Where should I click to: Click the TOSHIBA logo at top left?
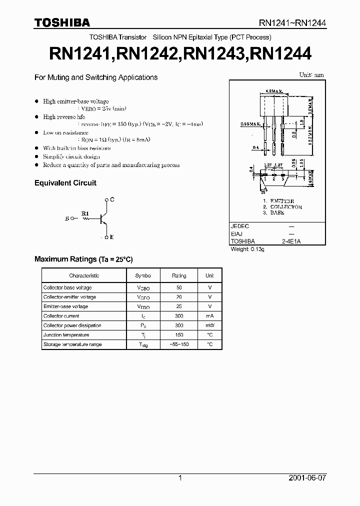pyautogui.click(x=62, y=22)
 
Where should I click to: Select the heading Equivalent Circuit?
pyautogui.click(x=65, y=183)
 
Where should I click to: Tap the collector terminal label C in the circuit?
pyautogui.click(x=112, y=199)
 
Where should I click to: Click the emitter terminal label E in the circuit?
pyautogui.click(x=112, y=237)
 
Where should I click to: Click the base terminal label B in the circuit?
pyautogui.click(x=67, y=218)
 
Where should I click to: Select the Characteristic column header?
pyautogui.click(x=84, y=275)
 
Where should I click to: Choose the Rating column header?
pyautogui.click(x=179, y=275)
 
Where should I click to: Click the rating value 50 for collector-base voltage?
pyautogui.click(x=179, y=287)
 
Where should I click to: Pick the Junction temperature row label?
pyautogui.click(x=66, y=335)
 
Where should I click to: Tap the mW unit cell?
pyautogui.click(x=209, y=325)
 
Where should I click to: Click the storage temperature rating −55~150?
pyautogui.click(x=179, y=344)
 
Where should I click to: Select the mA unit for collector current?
pyautogui.click(x=209, y=316)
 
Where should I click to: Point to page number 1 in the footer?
pyautogui.click(x=180, y=478)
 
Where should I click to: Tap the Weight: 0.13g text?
pyautogui.click(x=247, y=248)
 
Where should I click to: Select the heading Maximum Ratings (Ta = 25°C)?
pyautogui.click(x=83, y=259)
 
